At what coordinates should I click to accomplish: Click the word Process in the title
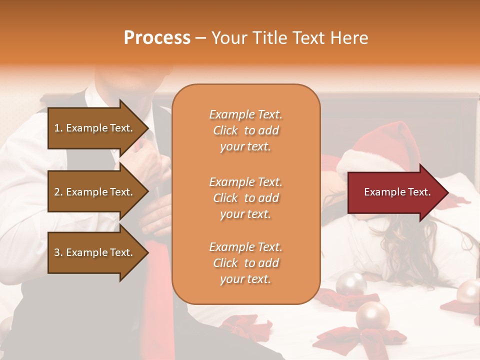(157, 38)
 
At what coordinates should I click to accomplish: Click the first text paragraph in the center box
(245, 130)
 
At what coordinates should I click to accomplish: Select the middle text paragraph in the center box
(245, 197)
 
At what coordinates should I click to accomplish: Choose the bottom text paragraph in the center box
(245, 263)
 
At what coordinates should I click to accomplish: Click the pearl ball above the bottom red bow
(372, 316)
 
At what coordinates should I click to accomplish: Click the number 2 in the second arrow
(57, 192)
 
